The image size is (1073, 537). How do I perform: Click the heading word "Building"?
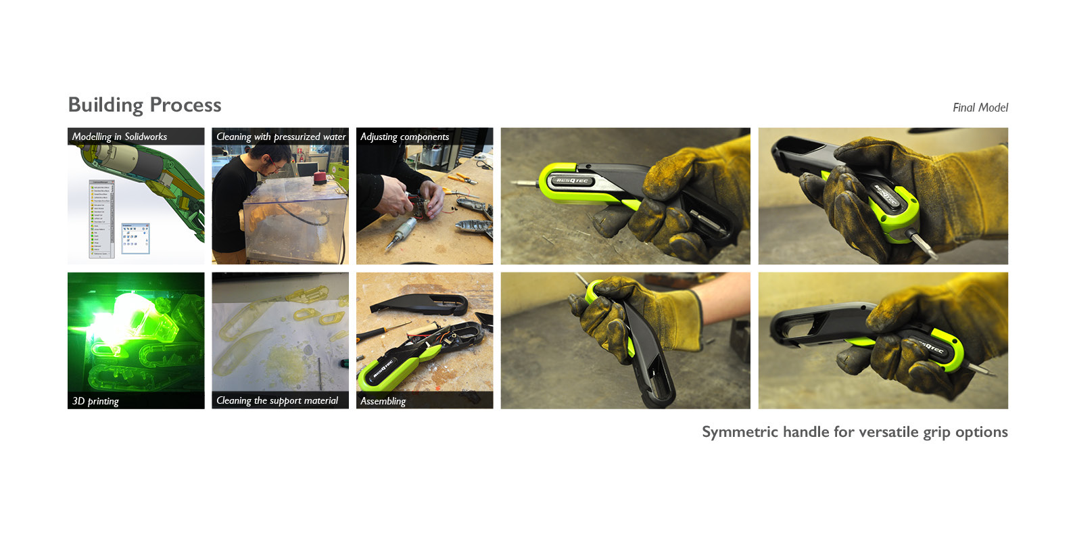pyautogui.click(x=105, y=106)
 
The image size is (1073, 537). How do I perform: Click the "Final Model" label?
pyautogui.click(x=980, y=108)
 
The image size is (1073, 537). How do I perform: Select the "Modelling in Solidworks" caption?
pyautogui.click(x=120, y=137)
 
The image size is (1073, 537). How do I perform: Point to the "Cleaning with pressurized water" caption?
pyautogui.click(x=281, y=137)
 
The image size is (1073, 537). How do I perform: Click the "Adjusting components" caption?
pyautogui.click(x=404, y=137)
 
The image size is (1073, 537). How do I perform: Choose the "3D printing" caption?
pyautogui.click(x=95, y=401)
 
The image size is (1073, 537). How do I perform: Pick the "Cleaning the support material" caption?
pyautogui.click(x=277, y=400)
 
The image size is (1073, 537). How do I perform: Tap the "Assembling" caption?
pyautogui.click(x=383, y=401)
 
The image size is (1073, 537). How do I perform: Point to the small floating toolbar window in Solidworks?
pyautogui.click(x=135, y=238)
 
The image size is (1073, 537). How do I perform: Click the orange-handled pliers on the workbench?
pyautogui.click(x=462, y=179)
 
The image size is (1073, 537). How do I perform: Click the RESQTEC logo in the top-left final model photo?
pyautogui.click(x=572, y=181)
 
